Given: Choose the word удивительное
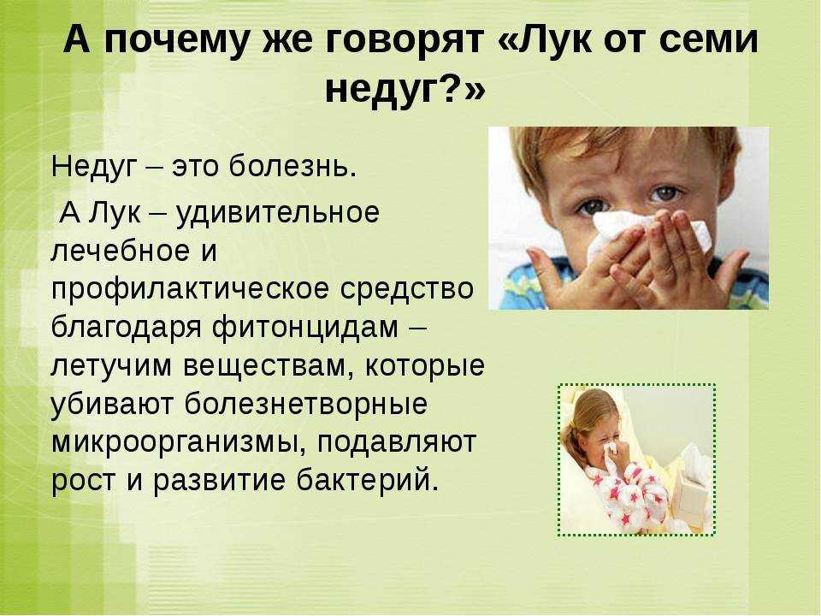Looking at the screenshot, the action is (277, 213).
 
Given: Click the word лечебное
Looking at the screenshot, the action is (121, 251).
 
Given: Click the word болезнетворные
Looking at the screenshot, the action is (306, 403).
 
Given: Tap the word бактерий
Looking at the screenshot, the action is (368, 479).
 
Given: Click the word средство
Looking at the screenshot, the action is (407, 288).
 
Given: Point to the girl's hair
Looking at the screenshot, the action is (587, 419).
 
